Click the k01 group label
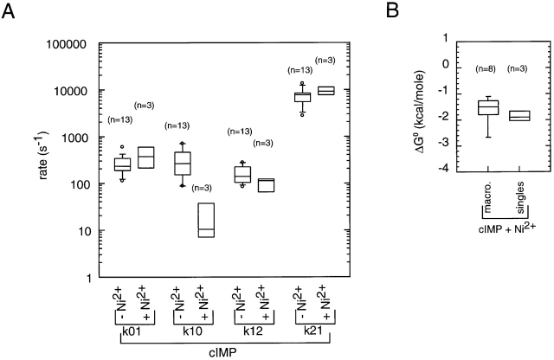[x=134, y=330]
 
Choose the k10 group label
[x=195, y=330]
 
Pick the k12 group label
[x=254, y=330]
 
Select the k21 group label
[x=312, y=330]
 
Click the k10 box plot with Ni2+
[x=206, y=220]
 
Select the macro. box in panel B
[x=488, y=108]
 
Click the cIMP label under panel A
[x=223, y=353]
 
